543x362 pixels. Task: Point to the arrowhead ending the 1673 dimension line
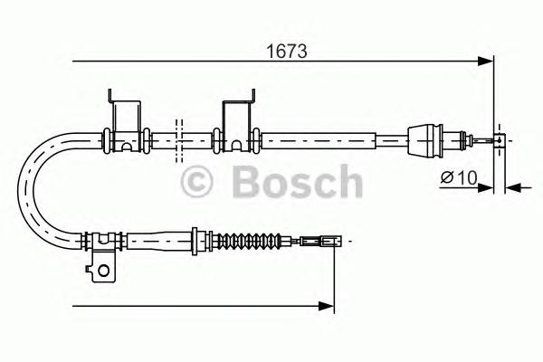(x=487, y=62)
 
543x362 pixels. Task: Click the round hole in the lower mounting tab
(x=106, y=268)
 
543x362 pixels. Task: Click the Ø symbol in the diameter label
(x=446, y=176)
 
